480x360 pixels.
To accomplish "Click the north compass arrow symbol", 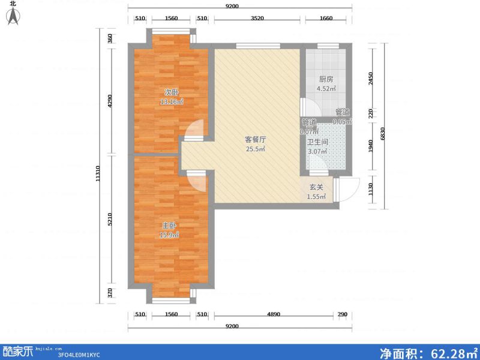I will click(x=13, y=16).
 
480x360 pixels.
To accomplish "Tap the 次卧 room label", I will click(x=172, y=92).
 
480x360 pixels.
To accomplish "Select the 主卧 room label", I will click(x=169, y=226).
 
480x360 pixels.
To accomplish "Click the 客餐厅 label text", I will click(x=256, y=139).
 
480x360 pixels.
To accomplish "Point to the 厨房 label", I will click(x=326, y=79).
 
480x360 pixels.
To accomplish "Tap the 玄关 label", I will click(x=316, y=187).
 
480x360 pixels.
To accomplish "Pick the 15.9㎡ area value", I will click(x=169, y=235).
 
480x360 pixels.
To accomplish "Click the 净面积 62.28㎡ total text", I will click(x=427, y=352).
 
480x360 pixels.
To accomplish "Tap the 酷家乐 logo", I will click(x=18, y=351).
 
